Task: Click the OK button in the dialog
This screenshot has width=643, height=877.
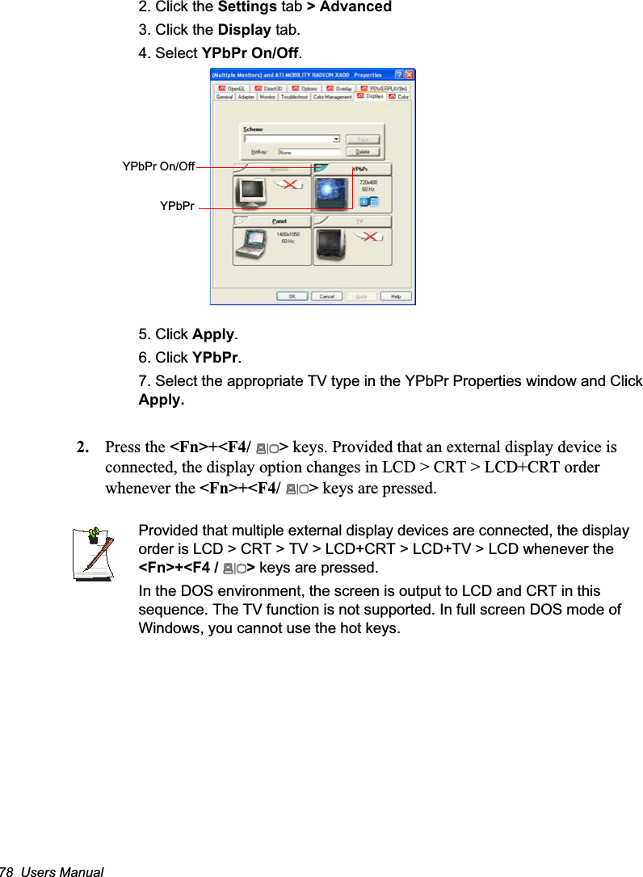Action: (292, 296)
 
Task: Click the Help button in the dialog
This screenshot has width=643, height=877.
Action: (396, 296)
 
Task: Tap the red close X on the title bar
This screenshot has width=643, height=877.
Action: (409, 74)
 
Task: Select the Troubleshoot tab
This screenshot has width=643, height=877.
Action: (294, 97)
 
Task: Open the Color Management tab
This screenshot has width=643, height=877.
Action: (333, 97)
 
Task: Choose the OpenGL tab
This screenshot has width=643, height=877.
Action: (233, 88)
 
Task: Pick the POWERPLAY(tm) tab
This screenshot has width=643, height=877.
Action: (387, 88)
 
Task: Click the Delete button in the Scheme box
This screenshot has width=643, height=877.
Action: (363, 151)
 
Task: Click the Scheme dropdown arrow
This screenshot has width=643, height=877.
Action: (336, 139)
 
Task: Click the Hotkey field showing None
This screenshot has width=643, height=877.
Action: (308, 151)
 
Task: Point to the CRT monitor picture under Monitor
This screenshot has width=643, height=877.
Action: (252, 193)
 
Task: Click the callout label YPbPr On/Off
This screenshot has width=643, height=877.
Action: (158, 166)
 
